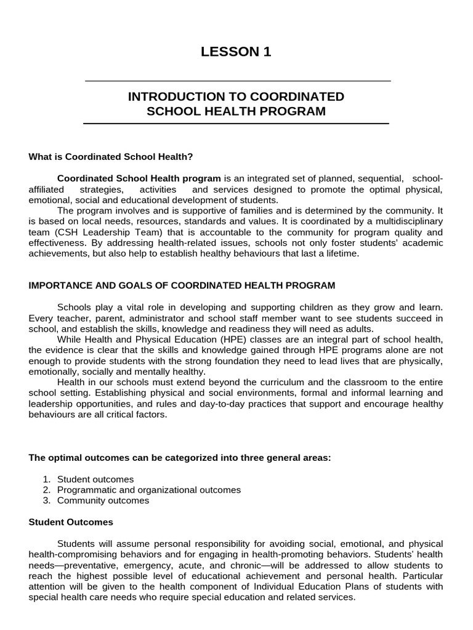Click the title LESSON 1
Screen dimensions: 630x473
236,52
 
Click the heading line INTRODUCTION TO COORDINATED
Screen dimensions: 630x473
236,97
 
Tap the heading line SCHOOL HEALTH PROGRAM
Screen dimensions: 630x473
236,111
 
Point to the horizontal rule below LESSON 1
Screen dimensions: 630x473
237,81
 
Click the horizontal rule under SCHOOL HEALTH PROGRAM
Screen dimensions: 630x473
236,124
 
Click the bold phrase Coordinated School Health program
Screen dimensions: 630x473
139,178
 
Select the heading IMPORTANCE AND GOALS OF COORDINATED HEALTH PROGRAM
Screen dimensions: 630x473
182,285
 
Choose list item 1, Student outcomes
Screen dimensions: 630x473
95,479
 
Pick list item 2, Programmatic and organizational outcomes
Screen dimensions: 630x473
148,490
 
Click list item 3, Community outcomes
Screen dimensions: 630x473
103,501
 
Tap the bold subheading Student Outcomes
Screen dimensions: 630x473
71,522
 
